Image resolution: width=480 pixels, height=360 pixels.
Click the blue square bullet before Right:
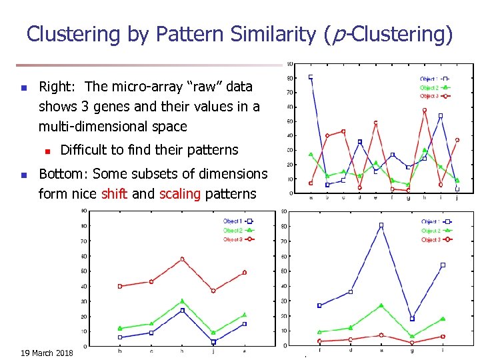23,88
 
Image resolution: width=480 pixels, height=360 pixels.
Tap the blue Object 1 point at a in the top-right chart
311,77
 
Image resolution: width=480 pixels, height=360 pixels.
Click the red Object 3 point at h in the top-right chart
425,110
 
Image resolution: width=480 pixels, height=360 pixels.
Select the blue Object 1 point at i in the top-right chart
441,116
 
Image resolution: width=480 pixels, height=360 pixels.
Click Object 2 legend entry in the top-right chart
430,87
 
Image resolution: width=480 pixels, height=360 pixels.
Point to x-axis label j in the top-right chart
457,197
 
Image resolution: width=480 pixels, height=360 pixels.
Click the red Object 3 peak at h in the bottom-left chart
182,259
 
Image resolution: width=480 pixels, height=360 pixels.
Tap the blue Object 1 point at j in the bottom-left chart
213,342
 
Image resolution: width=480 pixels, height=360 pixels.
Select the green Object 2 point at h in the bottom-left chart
182,301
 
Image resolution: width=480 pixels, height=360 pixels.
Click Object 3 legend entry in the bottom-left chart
233,239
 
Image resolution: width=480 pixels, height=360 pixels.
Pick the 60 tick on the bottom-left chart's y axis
83,256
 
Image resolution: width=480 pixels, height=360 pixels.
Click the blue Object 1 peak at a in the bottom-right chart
381,225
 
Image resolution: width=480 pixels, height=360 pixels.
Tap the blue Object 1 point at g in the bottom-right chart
412,319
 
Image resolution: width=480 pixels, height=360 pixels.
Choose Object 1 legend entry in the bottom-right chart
431,221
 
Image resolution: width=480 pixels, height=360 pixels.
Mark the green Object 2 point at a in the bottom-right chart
381,305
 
